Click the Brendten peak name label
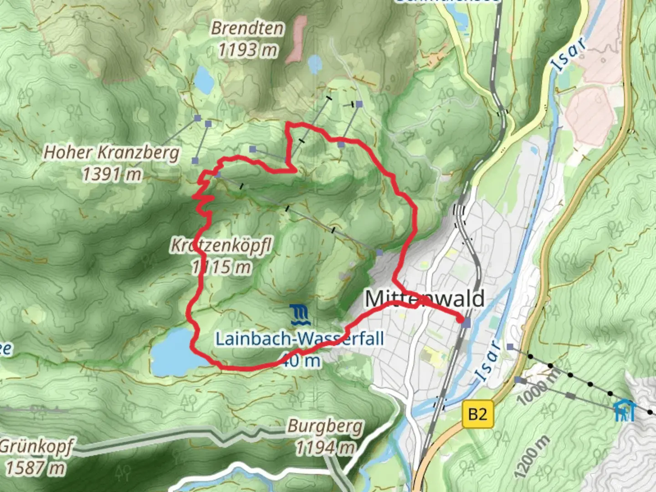pos(247,28)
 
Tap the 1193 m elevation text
pos(247,50)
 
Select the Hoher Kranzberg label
pos(111,153)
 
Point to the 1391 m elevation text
pos(111,174)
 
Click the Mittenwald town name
pos(425,299)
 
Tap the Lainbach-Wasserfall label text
pos(299,339)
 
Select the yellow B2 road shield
pos(477,414)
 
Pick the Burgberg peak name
pos(325,427)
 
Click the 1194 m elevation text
pos(325,448)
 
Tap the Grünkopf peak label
pos(36,447)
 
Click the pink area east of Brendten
pos(297,39)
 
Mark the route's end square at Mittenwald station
pos(466,323)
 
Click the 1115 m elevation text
pos(221,267)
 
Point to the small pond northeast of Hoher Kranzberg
pos(204,80)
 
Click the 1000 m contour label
pos(539,386)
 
